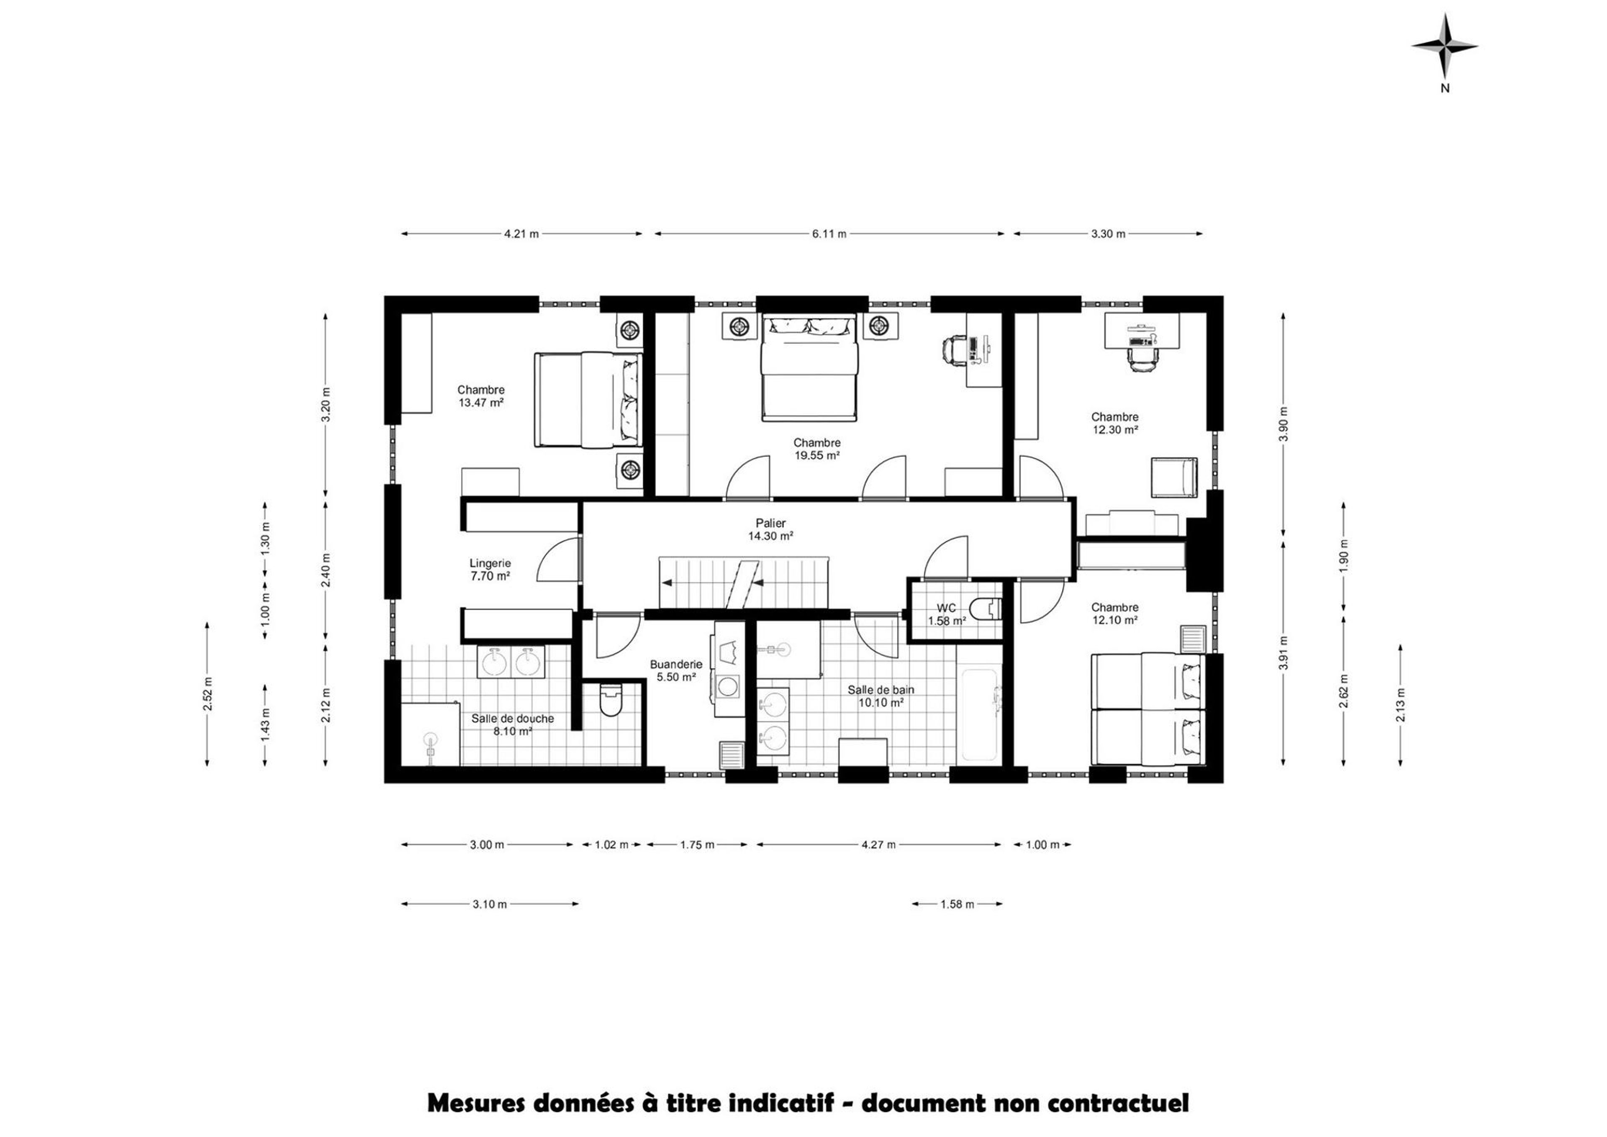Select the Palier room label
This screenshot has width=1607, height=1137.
(770, 523)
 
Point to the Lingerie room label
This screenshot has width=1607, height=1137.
(490, 563)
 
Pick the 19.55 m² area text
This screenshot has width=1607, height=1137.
(816, 455)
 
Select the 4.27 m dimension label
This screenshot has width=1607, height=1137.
(879, 844)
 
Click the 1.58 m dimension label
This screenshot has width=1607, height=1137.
(957, 904)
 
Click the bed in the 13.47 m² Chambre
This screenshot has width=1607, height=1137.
(588, 400)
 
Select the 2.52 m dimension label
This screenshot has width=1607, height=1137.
(208, 694)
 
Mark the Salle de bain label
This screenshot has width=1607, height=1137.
(881, 690)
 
